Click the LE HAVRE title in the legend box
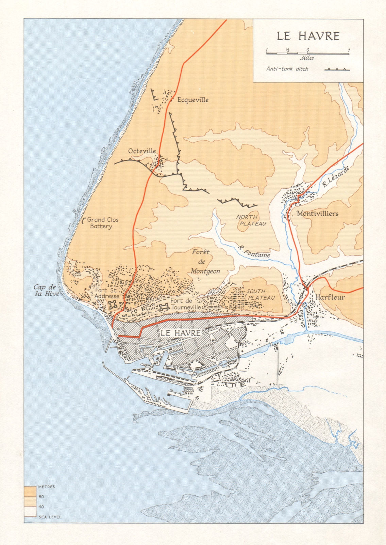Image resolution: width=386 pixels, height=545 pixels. point(308,36)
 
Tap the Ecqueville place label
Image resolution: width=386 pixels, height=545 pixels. point(192,100)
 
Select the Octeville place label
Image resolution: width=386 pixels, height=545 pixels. point(142,151)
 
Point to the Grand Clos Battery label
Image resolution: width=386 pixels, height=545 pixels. point(102,223)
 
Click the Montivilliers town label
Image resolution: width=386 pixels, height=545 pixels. point(317,214)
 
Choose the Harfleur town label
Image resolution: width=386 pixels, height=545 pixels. point(330,297)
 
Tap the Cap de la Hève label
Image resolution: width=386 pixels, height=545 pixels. point(46,291)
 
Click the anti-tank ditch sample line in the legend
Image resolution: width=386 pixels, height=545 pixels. point(337,69)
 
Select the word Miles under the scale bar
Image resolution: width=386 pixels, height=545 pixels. point(307,58)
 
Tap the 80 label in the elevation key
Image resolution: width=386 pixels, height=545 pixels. point(41,497)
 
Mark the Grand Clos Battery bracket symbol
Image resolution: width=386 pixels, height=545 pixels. point(84,221)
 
